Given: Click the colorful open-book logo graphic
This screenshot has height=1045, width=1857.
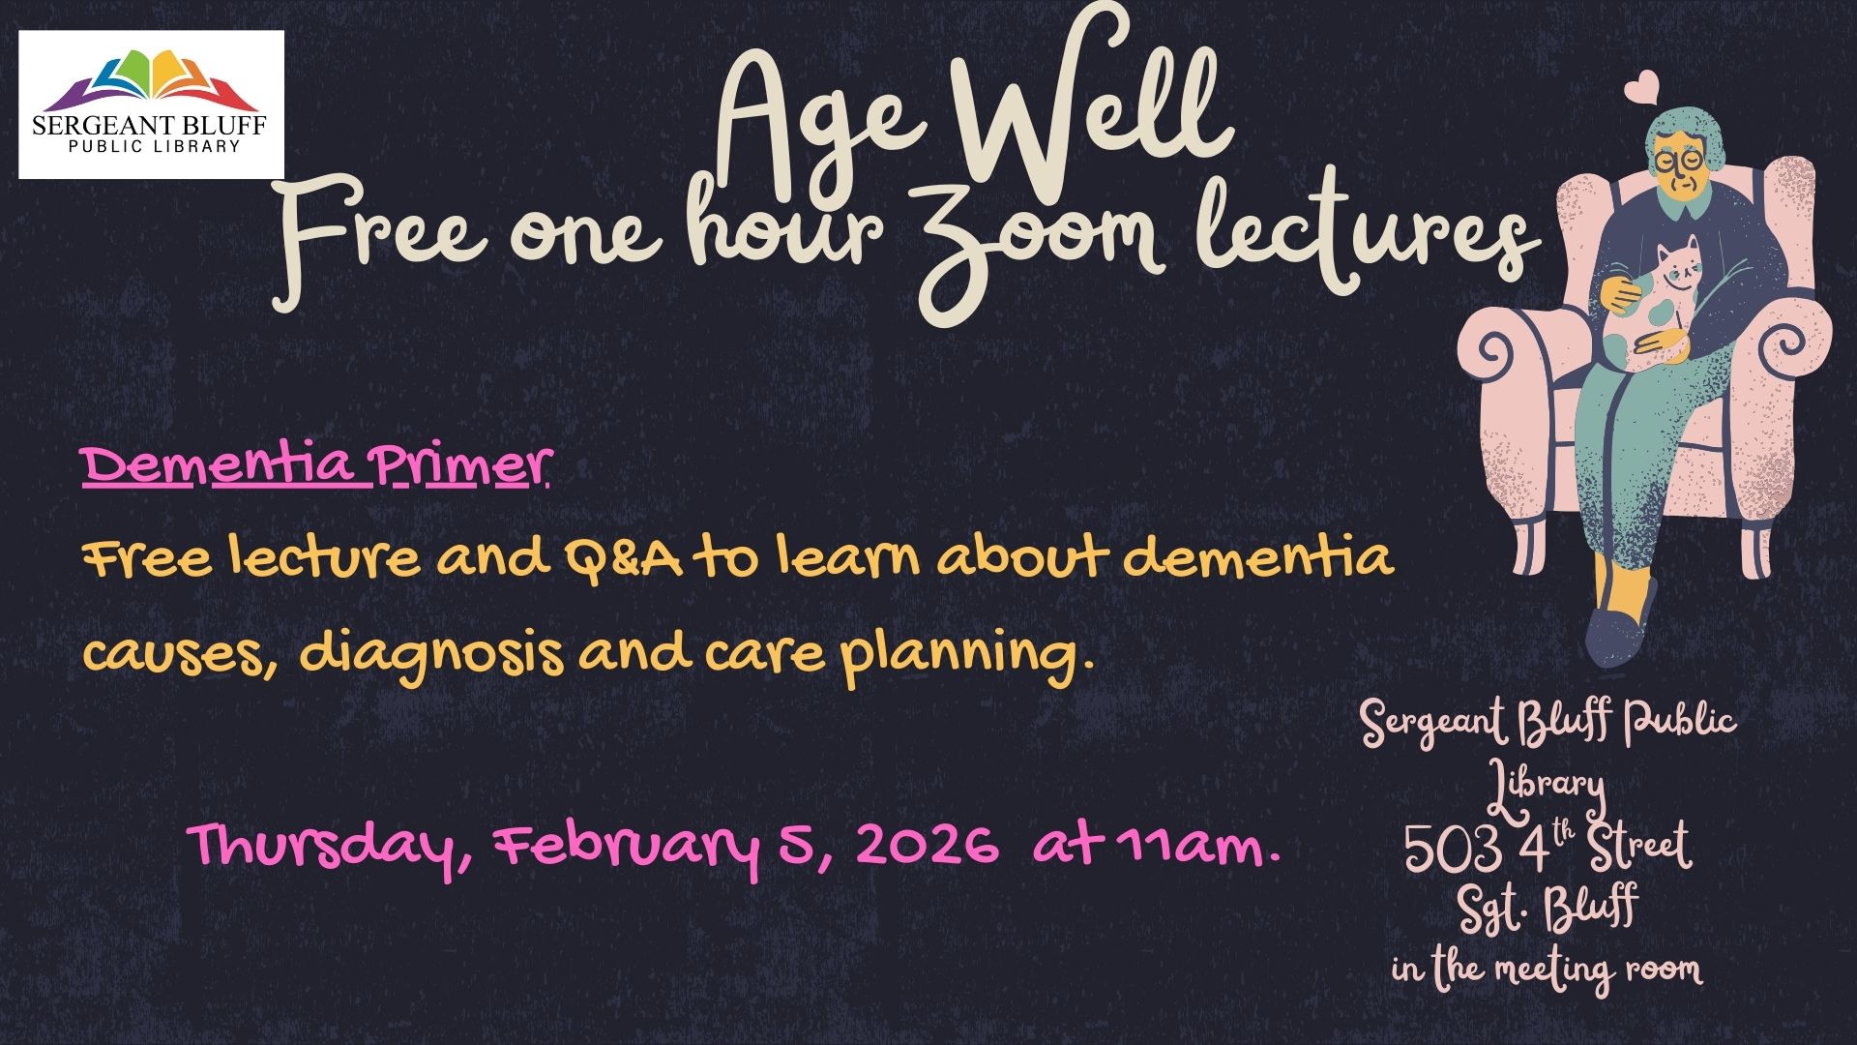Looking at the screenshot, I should [152, 80].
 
